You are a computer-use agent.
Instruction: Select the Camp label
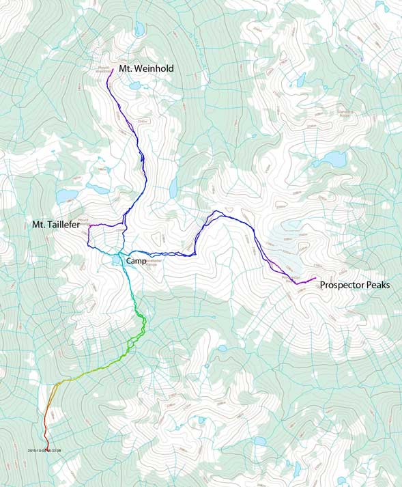[x=139, y=262]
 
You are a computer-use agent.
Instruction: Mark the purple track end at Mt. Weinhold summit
[x=108, y=70]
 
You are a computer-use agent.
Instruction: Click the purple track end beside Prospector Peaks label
[x=315, y=279]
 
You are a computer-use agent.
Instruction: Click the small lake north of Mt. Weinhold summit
[x=139, y=29]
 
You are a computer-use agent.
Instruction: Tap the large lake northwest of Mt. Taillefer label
[x=67, y=196]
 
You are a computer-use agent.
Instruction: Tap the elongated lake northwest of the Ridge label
[x=300, y=79]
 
